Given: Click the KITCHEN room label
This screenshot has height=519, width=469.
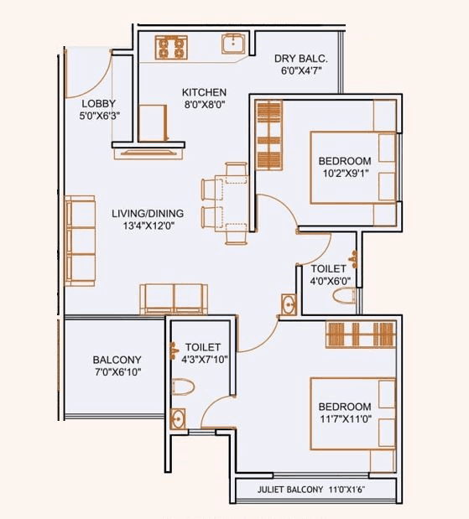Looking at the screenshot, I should coord(204,92).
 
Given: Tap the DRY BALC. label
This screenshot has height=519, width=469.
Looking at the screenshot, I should coord(300,59).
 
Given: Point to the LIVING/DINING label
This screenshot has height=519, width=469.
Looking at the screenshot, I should coord(146,214).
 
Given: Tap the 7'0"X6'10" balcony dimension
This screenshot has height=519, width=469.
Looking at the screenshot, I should coord(117,372).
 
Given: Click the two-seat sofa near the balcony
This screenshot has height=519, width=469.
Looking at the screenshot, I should coord(174,298).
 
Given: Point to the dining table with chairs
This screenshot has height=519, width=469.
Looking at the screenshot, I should coord(226,205).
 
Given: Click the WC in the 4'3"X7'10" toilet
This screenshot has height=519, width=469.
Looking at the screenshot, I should coord(184,387).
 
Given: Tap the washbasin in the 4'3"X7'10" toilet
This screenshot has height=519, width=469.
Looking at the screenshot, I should coord(178,419).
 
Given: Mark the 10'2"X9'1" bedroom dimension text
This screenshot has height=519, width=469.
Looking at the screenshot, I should coord(344,174).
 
